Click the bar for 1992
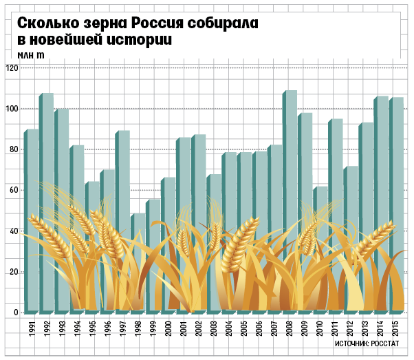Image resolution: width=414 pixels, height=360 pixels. (47, 138)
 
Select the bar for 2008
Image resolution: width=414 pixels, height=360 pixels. (290, 138)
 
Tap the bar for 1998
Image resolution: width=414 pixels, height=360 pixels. (138, 227)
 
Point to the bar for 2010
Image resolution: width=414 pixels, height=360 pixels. (321, 207)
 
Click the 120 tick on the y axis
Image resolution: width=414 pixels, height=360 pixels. (12, 68)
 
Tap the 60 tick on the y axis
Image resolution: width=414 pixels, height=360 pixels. (14, 191)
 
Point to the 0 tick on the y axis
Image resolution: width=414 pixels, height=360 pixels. (16, 313)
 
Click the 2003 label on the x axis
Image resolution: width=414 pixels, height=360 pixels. (215, 328)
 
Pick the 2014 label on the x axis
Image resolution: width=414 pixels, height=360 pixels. (382, 328)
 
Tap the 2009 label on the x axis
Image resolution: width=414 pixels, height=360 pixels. (306, 328)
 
